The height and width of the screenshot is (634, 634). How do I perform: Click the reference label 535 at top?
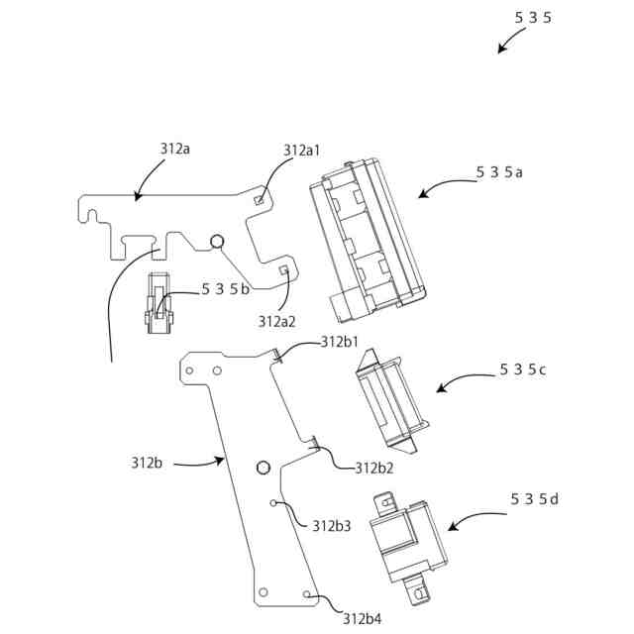click(x=533, y=17)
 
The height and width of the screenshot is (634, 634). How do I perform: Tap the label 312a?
click(x=174, y=149)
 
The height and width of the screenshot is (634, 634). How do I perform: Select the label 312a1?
click(x=301, y=151)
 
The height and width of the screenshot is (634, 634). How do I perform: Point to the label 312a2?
click(x=277, y=321)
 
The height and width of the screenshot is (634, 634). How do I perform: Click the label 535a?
click(x=499, y=171)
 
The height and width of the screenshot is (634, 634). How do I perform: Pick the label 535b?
click(x=225, y=289)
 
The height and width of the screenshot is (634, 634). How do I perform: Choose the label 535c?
click(x=523, y=370)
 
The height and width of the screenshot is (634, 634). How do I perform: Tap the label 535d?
click(x=535, y=498)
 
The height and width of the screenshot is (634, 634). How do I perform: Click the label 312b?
click(x=146, y=462)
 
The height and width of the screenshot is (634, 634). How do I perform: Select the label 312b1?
click(x=339, y=342)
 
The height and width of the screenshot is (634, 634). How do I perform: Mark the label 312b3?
click(x=332, y=526)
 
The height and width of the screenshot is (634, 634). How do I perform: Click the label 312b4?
click(x=362, y=619)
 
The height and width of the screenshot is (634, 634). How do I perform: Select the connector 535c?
click(x=388, y=403)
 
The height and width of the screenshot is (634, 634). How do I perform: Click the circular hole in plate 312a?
click(x=218, y=240)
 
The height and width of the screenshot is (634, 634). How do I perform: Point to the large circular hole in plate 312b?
click(x=264, y=468)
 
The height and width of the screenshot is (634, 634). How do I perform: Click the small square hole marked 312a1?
click(x=260, y=199)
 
